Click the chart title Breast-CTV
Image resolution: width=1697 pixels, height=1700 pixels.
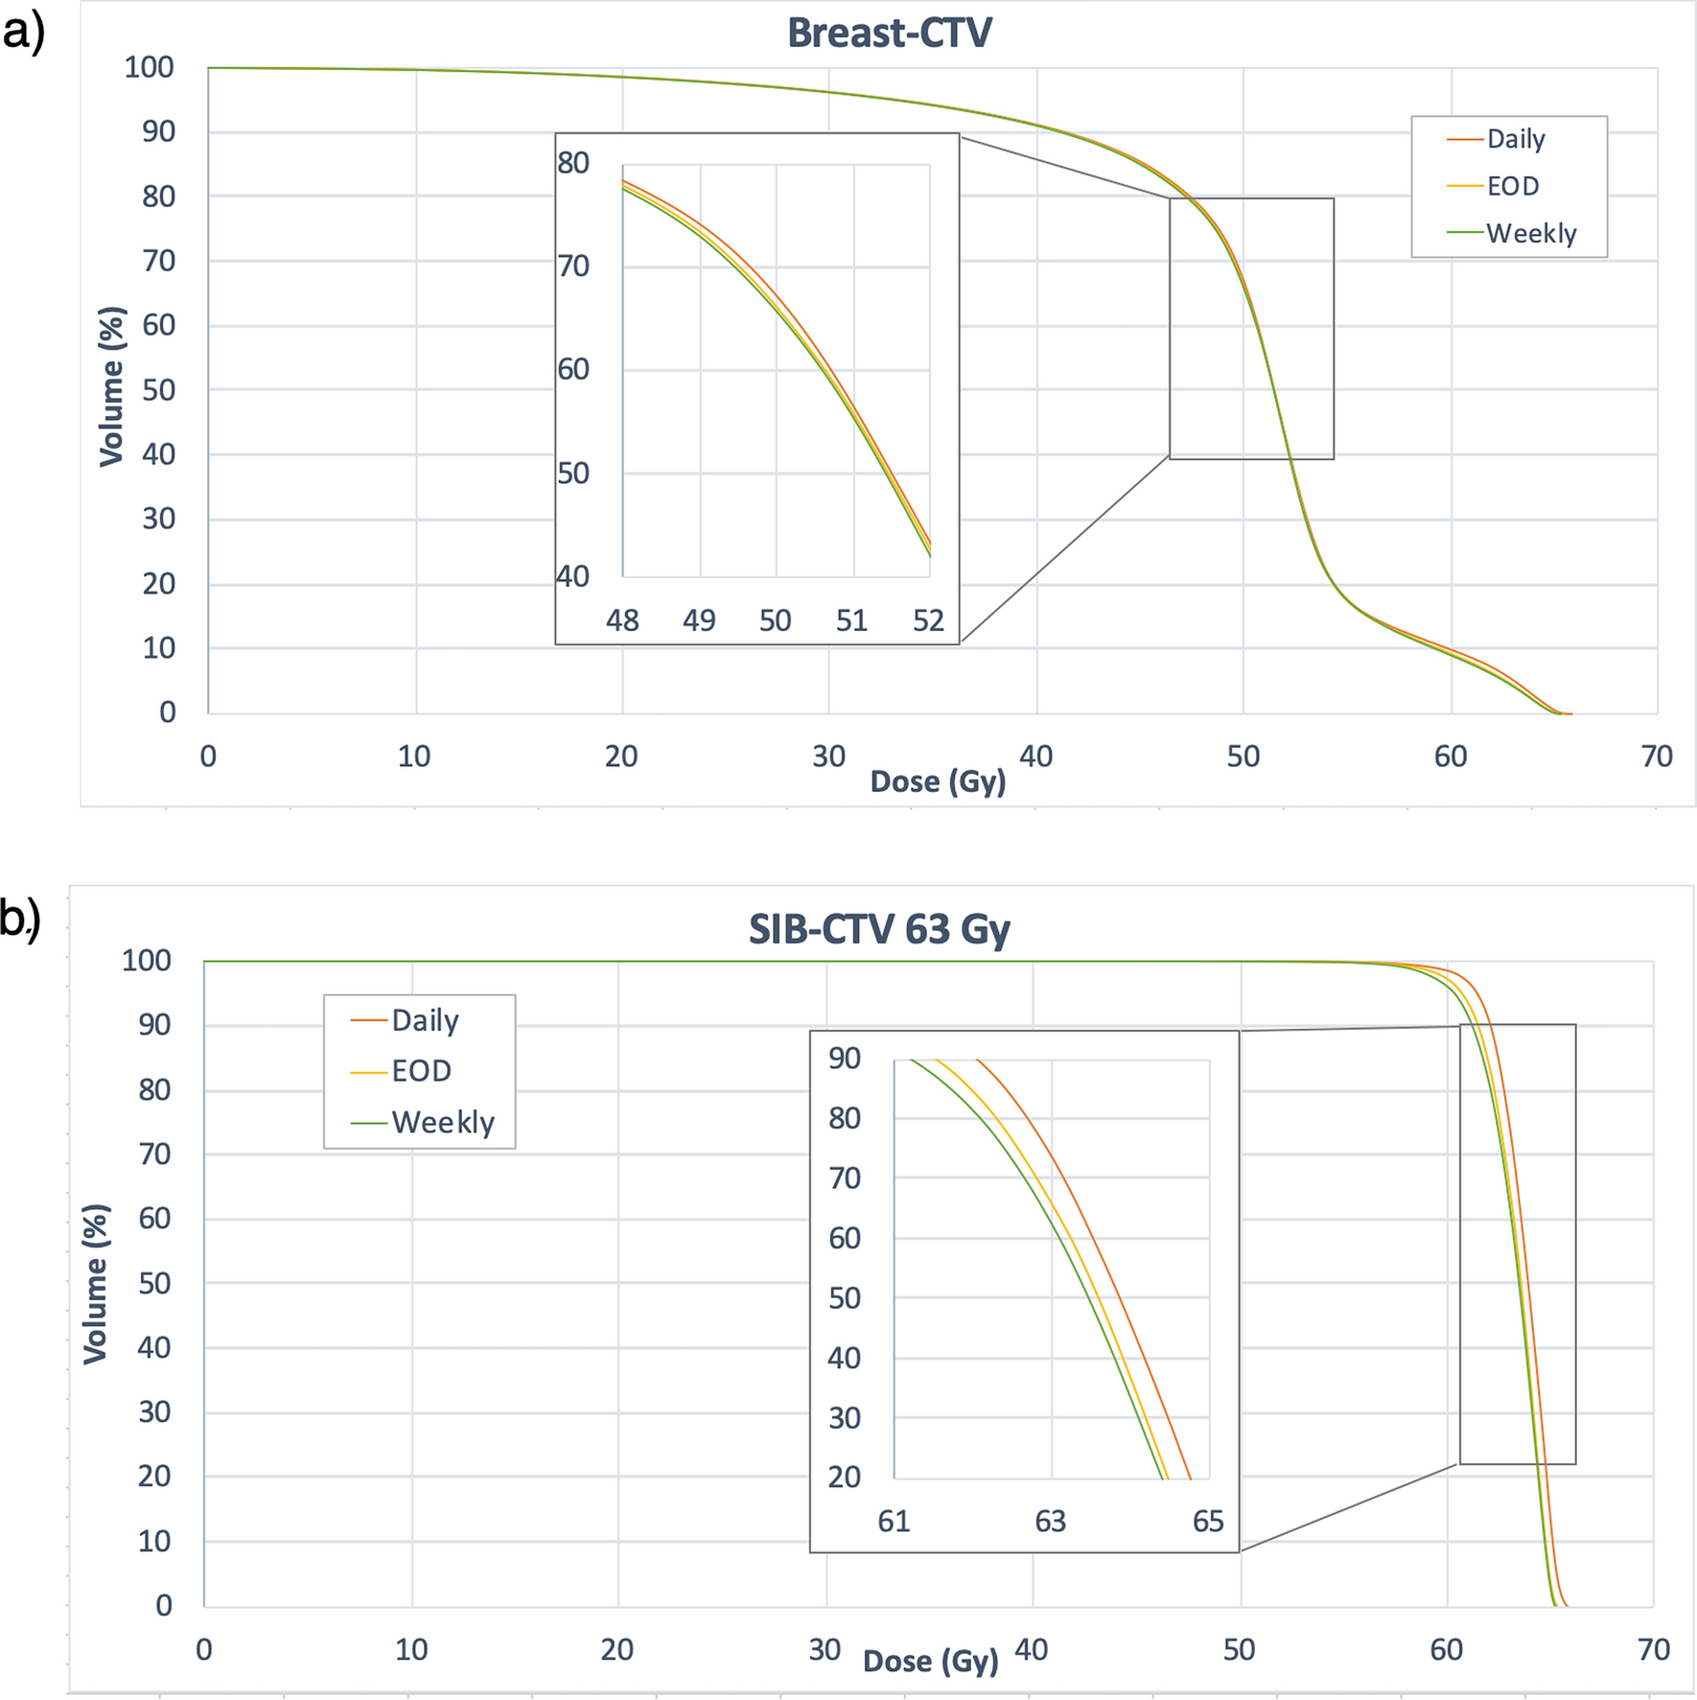889,34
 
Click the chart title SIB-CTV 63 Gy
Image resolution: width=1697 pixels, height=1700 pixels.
879,929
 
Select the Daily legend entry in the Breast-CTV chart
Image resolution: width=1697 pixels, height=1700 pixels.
1515,139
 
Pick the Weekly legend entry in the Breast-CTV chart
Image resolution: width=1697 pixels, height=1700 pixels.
1530,233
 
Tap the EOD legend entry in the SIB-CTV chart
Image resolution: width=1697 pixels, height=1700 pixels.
421,1071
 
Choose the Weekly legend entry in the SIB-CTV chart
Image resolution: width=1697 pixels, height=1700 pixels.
442,1122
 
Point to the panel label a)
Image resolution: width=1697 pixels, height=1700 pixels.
24,33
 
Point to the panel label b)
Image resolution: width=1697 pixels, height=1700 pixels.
20,919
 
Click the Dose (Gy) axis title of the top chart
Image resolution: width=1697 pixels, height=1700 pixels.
938,781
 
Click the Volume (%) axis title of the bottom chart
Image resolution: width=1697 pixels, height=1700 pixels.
96,1283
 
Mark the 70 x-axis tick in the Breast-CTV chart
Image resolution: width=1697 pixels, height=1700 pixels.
1657,757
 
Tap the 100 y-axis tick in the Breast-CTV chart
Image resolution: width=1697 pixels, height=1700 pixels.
149,67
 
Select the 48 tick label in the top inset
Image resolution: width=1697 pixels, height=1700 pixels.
622,620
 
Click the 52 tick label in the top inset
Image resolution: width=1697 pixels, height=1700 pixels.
928,620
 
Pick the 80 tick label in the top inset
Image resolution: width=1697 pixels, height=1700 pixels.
573,163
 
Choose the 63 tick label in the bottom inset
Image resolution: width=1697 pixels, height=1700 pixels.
1050,1521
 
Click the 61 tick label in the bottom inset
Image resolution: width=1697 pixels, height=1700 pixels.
894,1521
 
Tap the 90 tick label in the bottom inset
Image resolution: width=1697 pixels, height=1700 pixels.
845,1059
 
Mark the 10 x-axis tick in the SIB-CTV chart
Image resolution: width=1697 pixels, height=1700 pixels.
411,1649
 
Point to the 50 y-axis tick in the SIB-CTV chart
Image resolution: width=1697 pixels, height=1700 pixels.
153,1283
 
